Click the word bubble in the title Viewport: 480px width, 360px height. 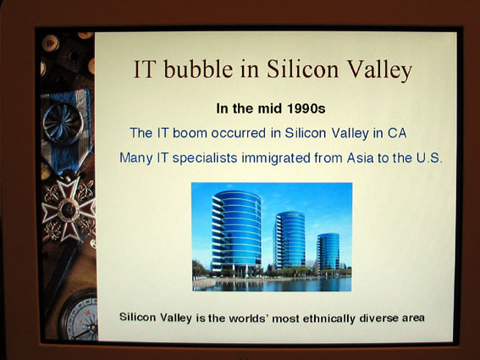click(x=198, y=69)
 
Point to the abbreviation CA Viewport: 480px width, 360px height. click(x=397, y=133)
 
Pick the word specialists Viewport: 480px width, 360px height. click(x=205, y=158)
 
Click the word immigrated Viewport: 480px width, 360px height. click(x=276, y=158)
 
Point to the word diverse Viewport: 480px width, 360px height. click(x=378, y=318)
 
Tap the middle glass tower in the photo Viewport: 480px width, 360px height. click(x=290, y=240)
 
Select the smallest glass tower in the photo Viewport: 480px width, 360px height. click(x=328, y=252)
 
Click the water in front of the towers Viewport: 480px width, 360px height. click(x=272, y=285)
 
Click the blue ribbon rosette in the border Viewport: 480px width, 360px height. click(x=63, y=123)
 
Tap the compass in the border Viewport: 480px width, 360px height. click(x=80, y=316)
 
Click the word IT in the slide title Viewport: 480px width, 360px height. click(x=143, y=69)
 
